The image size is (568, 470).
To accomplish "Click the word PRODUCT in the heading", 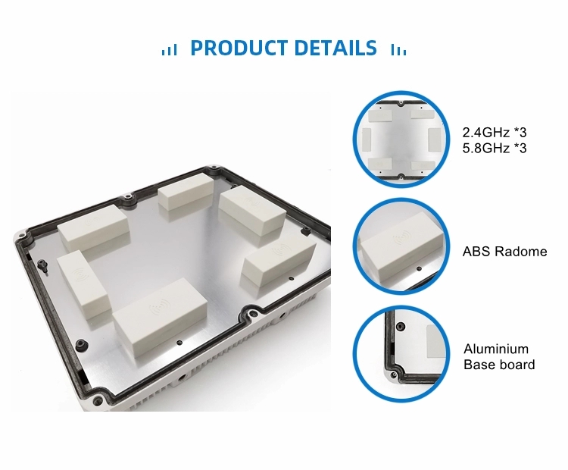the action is tap(239, 48).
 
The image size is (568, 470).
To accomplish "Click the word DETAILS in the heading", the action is tap(335, 48).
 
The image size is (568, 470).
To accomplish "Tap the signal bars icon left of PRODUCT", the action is tap(169, 50).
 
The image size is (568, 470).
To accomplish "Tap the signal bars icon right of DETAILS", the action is tap(398, 50).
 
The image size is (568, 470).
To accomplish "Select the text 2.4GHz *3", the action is tap(495, 133).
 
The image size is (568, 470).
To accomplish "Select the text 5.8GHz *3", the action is tap(495, 148).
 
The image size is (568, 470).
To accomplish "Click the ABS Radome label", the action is tap(504, 252).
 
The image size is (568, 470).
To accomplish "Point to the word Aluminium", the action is tap(496, 349).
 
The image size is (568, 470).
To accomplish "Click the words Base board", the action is tap(499, 365).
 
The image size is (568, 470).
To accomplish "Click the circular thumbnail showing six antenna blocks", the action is tap(401, 139).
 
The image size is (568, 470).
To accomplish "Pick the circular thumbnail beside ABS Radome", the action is tap(401, 246).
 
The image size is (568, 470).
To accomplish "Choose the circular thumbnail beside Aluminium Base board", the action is tap(401, 353).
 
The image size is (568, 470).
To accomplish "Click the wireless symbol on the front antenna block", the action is tap(159, 307).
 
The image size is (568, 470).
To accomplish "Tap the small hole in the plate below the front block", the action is tap(179, 343).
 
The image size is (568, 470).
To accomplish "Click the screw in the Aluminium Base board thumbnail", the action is tap(401, 327).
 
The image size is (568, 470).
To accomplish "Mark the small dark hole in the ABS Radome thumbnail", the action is tap(419, 268).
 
